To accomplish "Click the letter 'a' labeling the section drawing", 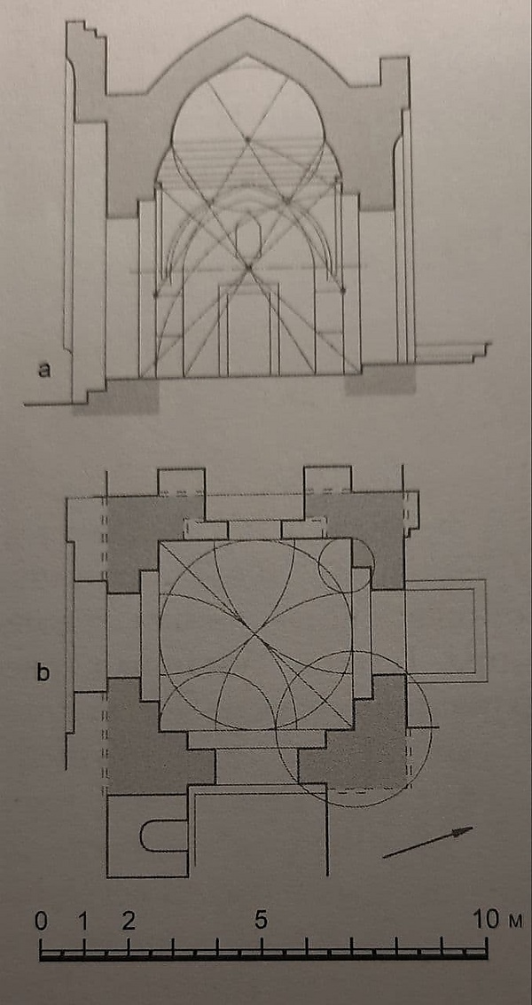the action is [x=43, y=369].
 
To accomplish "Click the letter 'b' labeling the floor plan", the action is [x=43, y=673].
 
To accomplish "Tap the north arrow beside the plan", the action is [x=427, y=842].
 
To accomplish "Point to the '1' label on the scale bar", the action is [x=82, y=921].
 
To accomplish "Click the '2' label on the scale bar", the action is [x=129, y=921].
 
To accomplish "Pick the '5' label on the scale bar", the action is [x=260, y=921].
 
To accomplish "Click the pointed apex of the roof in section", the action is [x=246, y=18].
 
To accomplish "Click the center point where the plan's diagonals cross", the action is [x=255, y=634].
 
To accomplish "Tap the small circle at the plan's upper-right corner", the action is [x=346, y=565].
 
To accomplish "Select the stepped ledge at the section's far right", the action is [x=452, y=352].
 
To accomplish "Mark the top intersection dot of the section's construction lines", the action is [x=247, y=139].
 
